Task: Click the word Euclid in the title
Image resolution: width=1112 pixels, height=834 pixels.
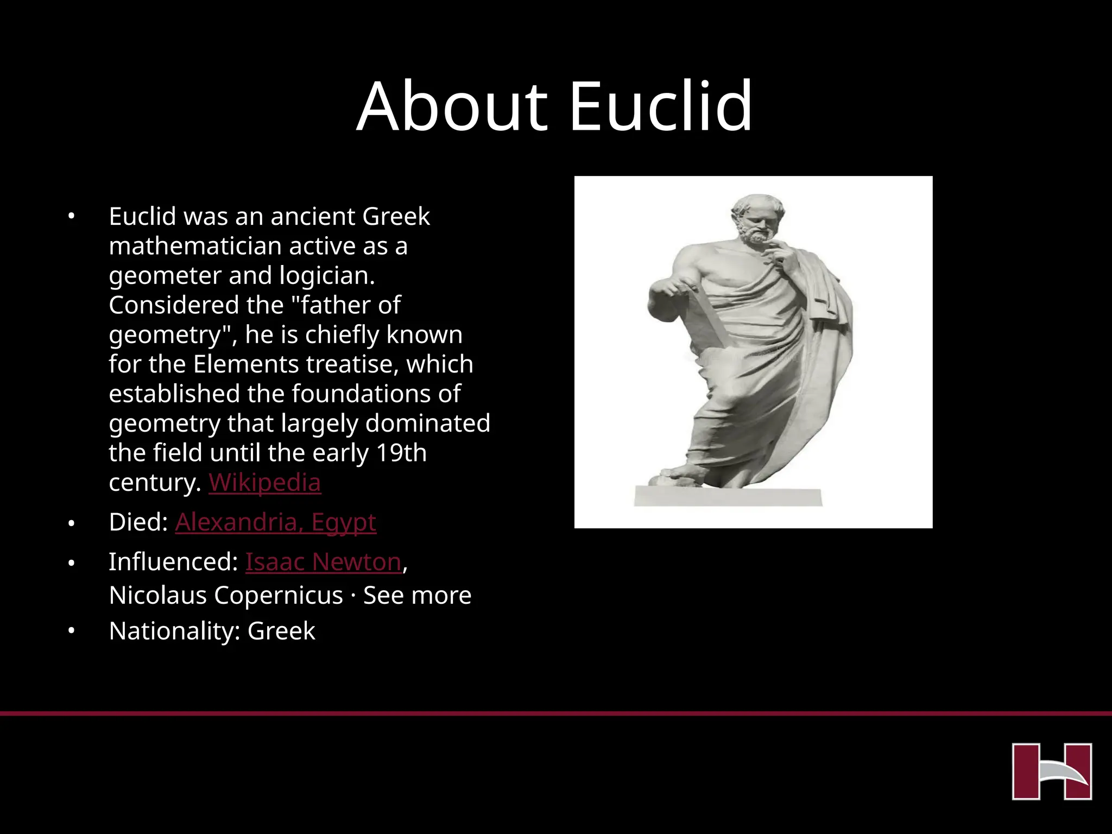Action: (x=660, y=106)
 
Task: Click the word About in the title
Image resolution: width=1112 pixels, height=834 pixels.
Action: (x=452, y=106)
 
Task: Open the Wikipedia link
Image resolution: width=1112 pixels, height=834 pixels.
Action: (x=264, y=482)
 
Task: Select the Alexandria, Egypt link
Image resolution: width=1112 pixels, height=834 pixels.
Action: (x=275, y=522)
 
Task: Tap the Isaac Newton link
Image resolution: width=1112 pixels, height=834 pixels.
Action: (x=323, y=562)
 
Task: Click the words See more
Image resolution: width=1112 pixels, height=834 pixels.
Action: (x=417, y=596)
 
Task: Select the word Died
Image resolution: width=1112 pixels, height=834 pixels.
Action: (x=138, y=522)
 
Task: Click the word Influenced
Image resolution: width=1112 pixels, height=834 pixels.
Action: (x=173, y=562)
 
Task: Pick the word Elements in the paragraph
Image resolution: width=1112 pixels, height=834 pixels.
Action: (x=236, y=364)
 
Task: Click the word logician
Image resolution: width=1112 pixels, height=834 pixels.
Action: (x=327, y=276)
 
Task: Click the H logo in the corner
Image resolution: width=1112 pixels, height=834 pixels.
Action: (x=1052, y=771)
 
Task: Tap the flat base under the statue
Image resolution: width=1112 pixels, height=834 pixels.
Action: (x=728, y=497)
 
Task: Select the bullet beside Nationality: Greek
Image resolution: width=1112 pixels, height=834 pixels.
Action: (x=71, y=631)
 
